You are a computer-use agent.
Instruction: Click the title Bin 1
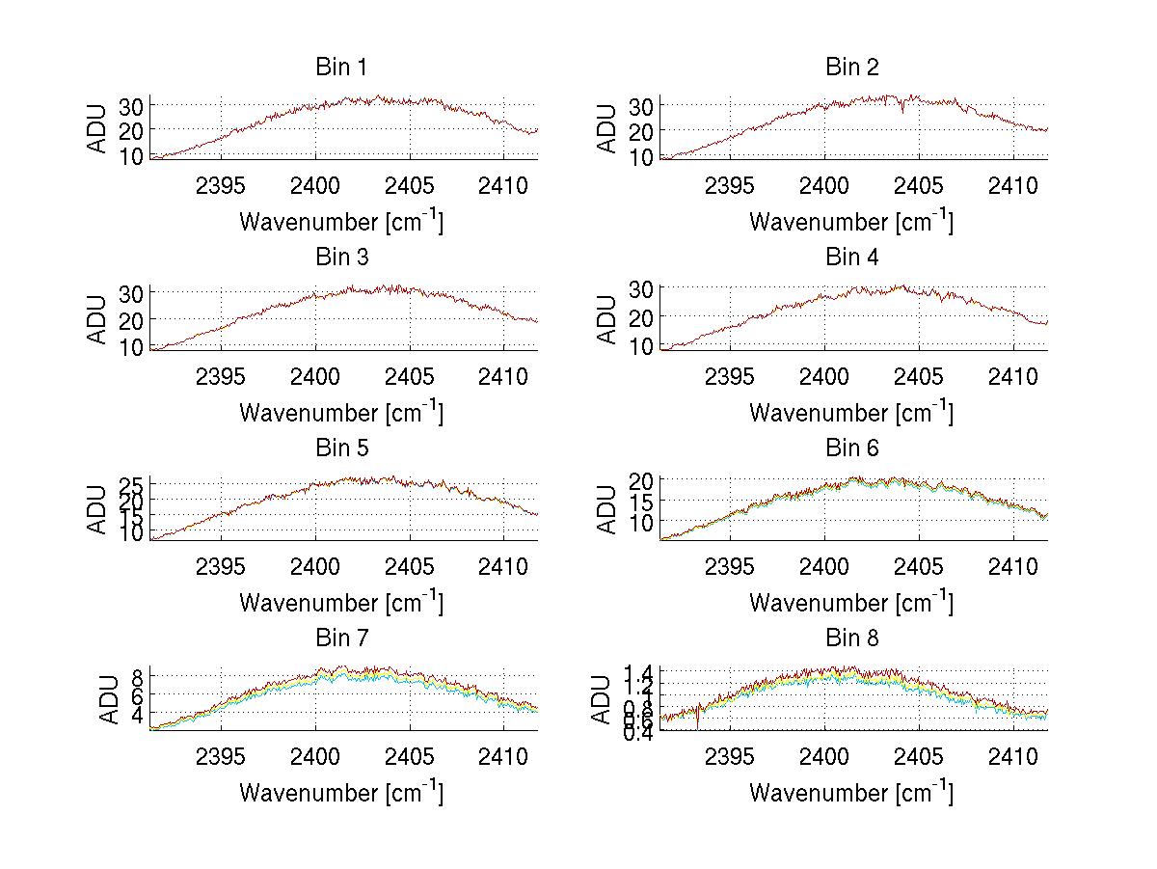tap(341, 67)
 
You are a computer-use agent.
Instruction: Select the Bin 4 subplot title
tap(852, 258)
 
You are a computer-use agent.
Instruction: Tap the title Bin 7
tap(341, 638)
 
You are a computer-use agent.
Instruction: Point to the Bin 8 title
tap(852, 638)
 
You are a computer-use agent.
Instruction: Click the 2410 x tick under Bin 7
tap(503, 755)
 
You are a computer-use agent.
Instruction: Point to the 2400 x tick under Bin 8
tap(824, 755)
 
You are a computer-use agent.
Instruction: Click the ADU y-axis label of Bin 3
tap(98, 319)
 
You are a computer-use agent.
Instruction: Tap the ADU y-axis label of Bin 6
tap(605, 509)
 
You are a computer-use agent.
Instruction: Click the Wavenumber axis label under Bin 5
tap(341, 603)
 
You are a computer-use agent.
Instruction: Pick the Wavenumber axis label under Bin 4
tap(851, 413)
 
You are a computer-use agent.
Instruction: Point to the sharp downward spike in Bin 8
tap(697, 720)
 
